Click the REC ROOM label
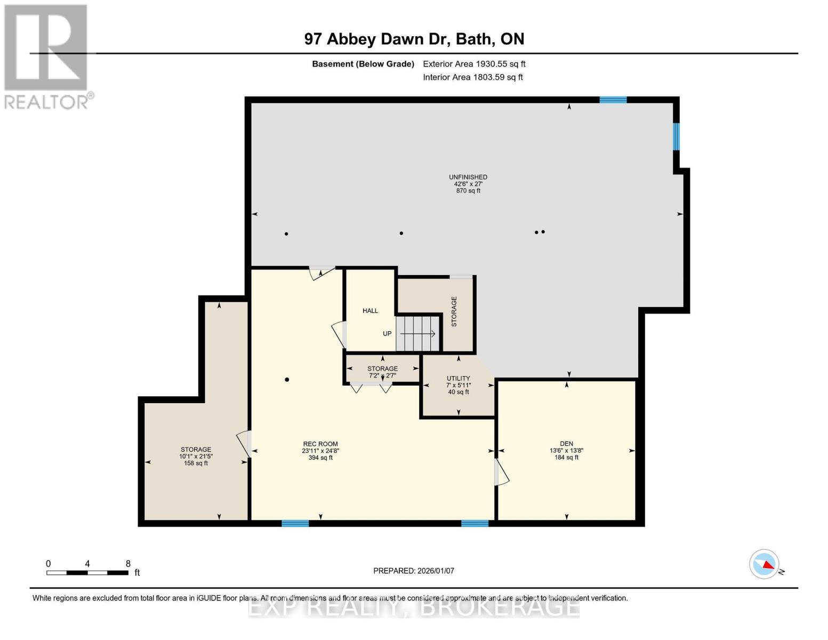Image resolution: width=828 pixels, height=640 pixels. click(x=320, y=450)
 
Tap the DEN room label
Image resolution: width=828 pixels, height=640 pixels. click(x=566, y=450)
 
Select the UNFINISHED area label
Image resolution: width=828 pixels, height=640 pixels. click(x=468, y=183)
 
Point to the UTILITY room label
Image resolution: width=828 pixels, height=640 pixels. click(x=459, y=385)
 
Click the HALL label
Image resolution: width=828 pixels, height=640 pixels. click(x=370, y=310)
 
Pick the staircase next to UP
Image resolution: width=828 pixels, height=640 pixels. click(x=418, y=333)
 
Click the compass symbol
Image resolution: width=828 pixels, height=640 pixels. click(x=765, y=564)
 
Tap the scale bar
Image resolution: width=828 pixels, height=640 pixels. click(x=87, y=572)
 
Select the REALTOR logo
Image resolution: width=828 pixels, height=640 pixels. click(x=47, y=56)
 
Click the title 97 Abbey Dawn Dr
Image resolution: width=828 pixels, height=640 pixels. click(x=414, y=39)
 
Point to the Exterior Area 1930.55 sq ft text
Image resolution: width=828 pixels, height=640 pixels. click(x=474, y=63)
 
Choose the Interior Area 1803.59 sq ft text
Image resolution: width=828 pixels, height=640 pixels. click(x=472, y=77)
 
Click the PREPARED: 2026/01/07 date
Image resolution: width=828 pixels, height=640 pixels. click(x=414, y=571)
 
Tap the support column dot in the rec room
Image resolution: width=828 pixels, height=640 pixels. click(x=287, y=380)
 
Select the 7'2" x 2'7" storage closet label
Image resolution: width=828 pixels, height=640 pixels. click(x=382, y=372)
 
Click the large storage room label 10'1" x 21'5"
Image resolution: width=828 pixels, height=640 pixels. click(x=196, y=456)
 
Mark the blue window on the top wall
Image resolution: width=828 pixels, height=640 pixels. click(x=613, y=100)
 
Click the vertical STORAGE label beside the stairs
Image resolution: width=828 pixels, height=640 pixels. click(x=454, y=311)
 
